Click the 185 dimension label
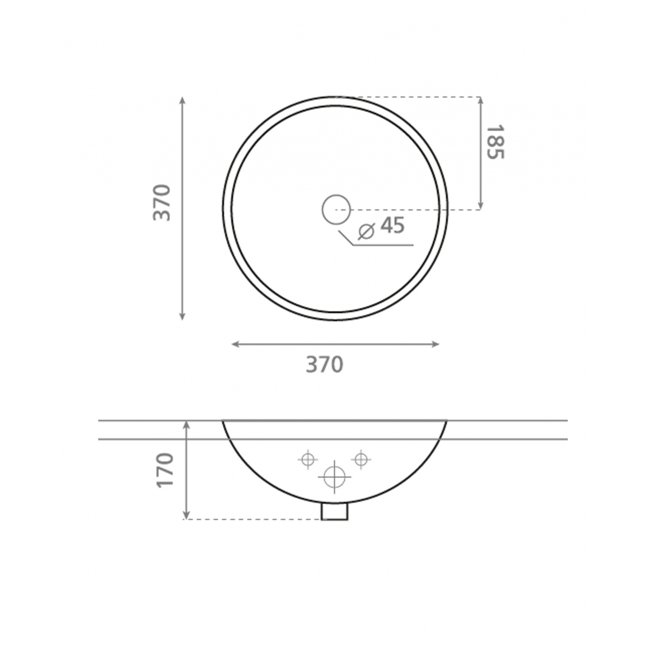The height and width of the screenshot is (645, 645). [495, 142]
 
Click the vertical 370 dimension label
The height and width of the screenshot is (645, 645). [162, 203]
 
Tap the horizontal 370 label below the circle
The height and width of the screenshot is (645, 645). [325, 364]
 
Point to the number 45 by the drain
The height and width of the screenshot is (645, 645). [392, 226]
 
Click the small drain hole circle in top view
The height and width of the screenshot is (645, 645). [336, 209]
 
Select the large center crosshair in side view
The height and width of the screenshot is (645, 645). [334, 477]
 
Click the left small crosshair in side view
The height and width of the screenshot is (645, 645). [307, 460]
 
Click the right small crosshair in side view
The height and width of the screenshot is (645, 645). [361, 459]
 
